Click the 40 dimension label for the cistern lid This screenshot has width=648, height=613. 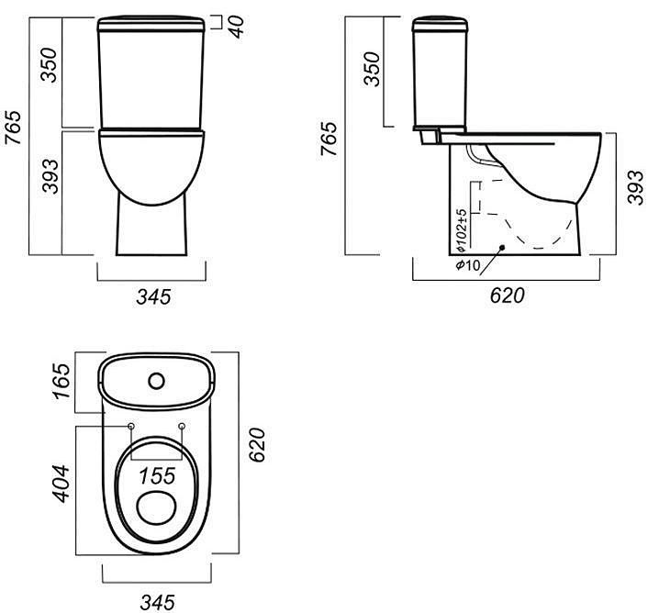tap(237, 27)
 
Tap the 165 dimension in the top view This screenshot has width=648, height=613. tap(62, 381)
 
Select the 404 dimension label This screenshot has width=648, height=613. tap(62, 484)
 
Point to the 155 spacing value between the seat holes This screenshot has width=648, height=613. tap(157, 476)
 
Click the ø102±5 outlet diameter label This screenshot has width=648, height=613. tap(462, 230)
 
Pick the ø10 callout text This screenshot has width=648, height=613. tap(468, 265)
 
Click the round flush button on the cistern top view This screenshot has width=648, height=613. tap(157, 381)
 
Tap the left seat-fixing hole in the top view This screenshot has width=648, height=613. tap(131, 427)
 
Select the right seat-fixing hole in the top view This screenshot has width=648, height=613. tap(182, 426)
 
